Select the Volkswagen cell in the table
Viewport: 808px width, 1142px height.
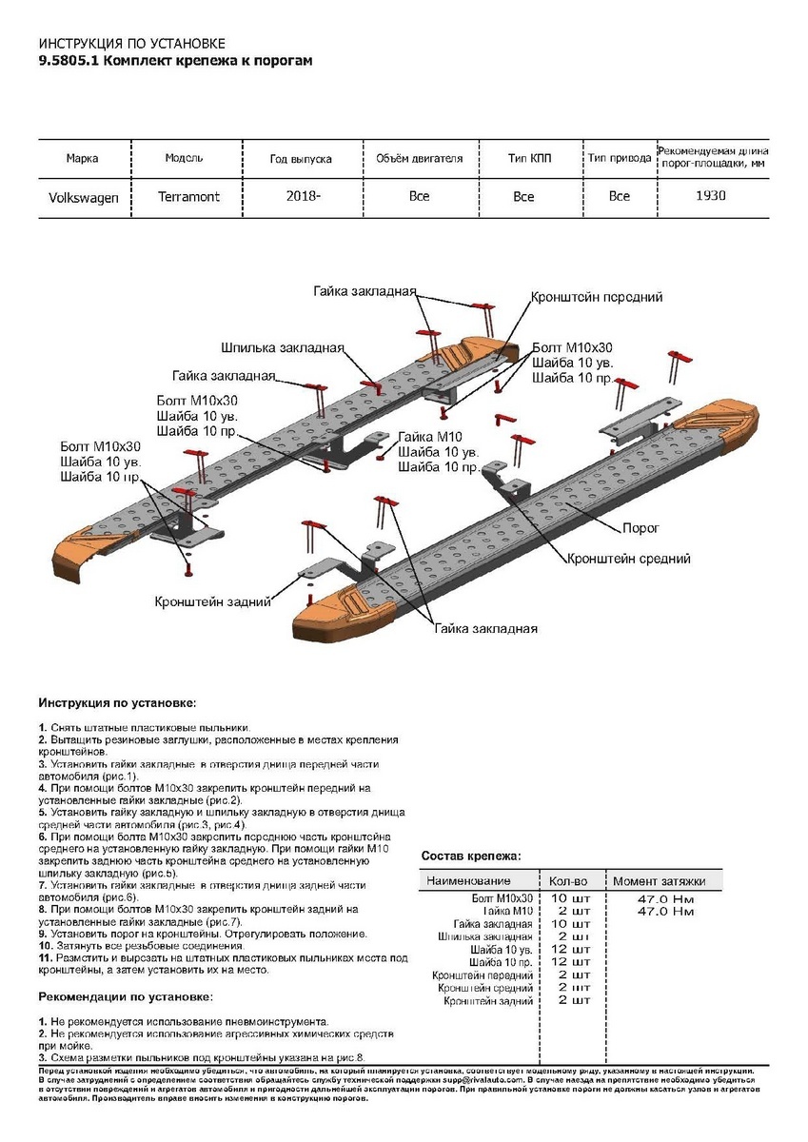point(84,197)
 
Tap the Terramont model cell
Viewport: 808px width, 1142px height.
point(188,196)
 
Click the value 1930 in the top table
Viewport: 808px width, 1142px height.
point(711,196)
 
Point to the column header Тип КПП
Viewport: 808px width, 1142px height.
point(527,158)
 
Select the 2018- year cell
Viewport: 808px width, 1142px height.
point(302,196)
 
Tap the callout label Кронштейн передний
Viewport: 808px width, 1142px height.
point(596,297)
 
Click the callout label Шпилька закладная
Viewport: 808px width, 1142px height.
point(282,347)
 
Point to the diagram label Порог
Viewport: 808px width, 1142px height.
point(640,526)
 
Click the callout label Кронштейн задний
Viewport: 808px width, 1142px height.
point(213,601)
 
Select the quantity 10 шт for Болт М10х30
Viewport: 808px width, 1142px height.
point(570,898)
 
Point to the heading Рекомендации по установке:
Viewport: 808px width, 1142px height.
point(126,996)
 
